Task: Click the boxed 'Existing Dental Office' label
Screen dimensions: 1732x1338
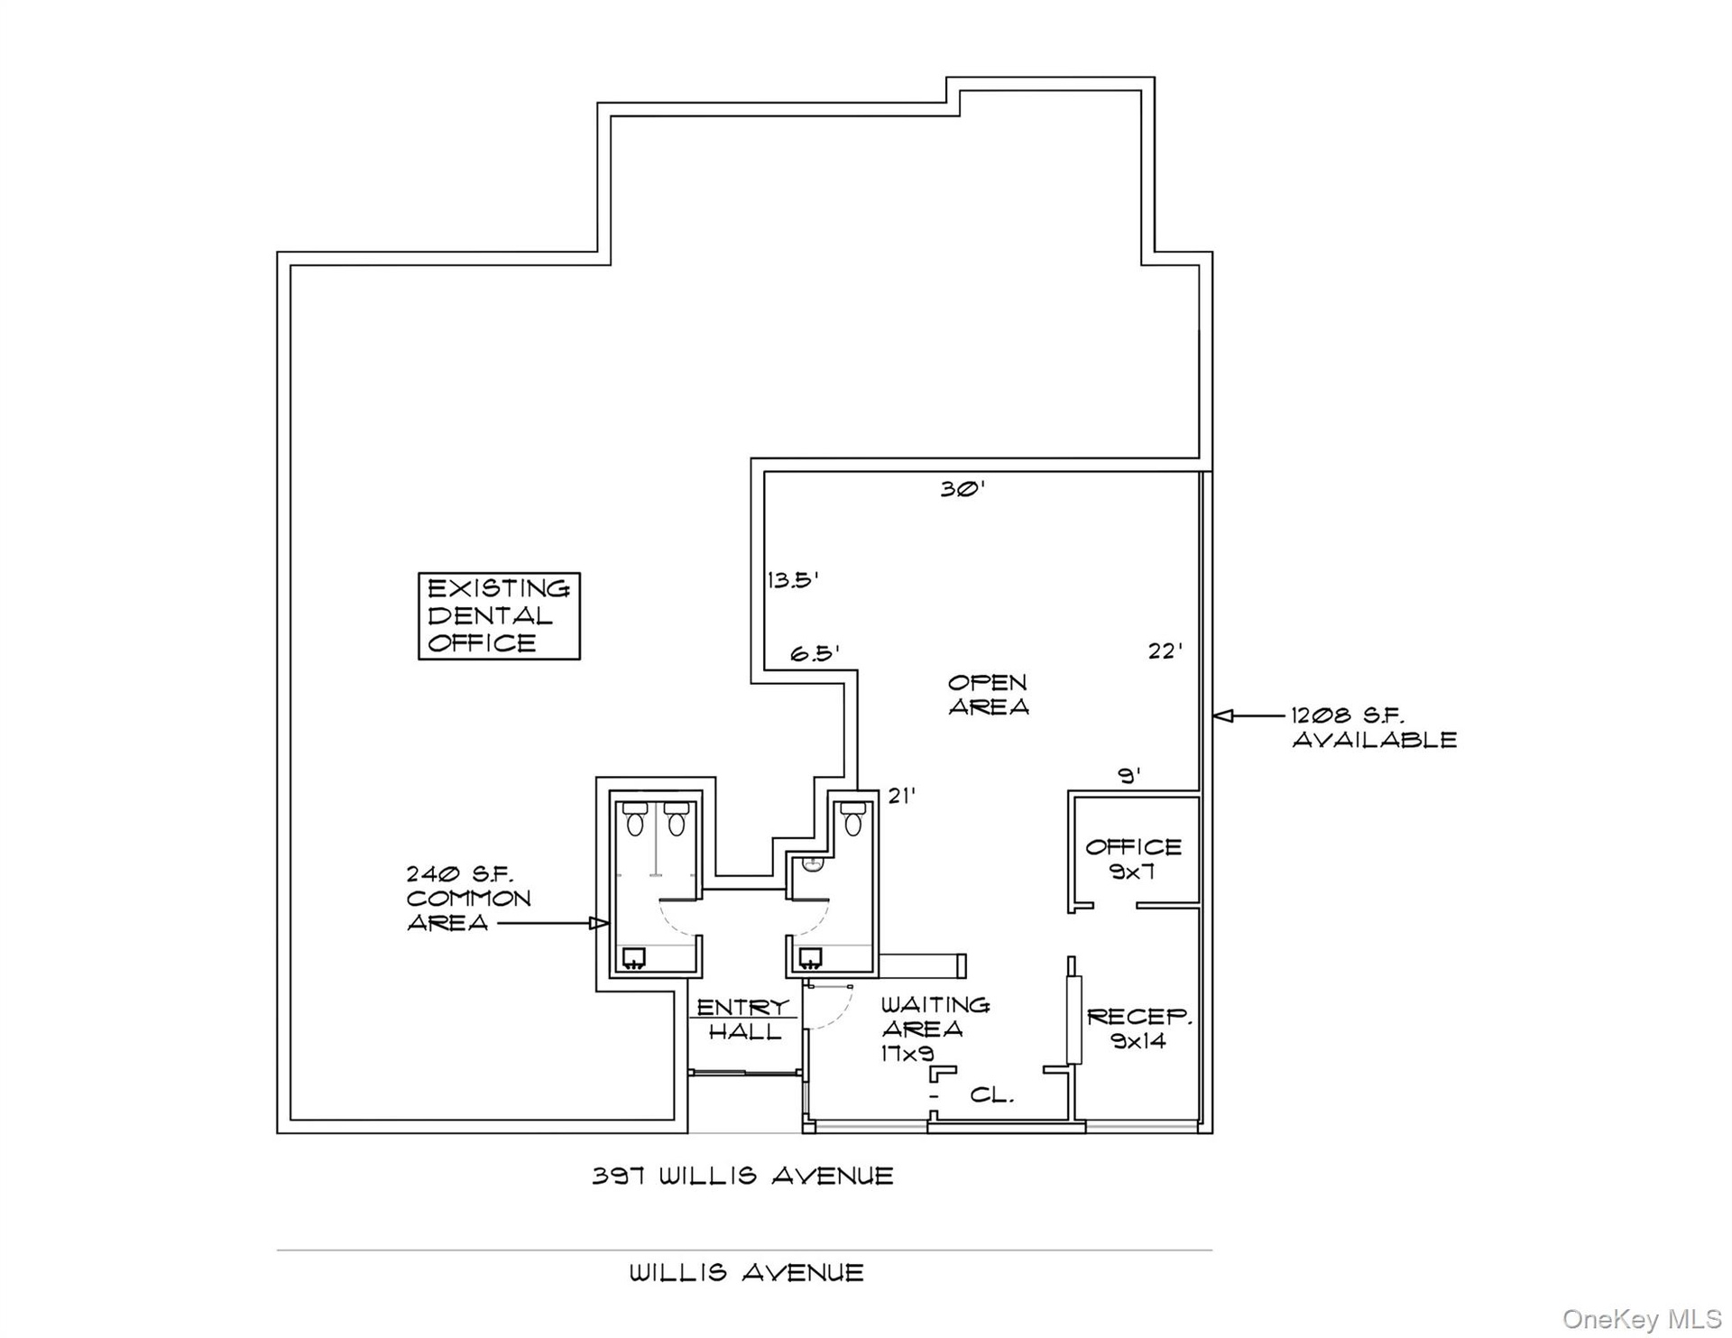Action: tap(499, 616)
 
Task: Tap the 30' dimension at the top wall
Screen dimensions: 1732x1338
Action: tap(963, 489)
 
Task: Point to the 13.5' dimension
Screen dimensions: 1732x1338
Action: tap(793, 579)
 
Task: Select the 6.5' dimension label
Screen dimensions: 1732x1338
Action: tap(815, 653)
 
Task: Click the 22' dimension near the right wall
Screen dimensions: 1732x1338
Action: tap(1165, 651)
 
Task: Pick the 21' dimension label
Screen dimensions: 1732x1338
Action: tap(902, 796)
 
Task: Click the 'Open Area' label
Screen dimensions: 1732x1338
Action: tap(988, 695)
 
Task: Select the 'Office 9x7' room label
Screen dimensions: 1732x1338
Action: tap(1133, 859)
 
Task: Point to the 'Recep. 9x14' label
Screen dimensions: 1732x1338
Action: tap(1139, 1029)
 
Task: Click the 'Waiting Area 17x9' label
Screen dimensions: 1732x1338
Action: tap(935, 1029)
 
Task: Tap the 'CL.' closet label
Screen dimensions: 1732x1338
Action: tap(992, 1095)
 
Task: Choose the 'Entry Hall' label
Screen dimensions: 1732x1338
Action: tap(743, 1020)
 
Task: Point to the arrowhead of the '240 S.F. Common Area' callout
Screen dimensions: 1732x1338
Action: tap(599, 923)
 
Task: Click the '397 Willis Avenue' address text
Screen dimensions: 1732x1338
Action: tap(742, 1176)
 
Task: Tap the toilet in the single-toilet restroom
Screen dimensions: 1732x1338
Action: tap(852, 818)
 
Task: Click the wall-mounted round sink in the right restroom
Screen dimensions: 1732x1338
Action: tap(812, 864)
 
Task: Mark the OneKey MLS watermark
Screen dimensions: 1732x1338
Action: tap(1642, 1319)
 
